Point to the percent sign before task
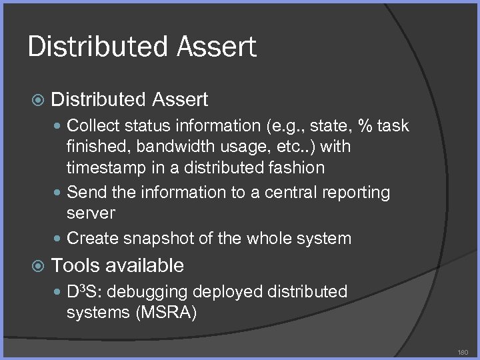(365, 125)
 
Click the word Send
(85, 193)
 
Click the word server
(91, 214)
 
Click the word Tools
(74, 265)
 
